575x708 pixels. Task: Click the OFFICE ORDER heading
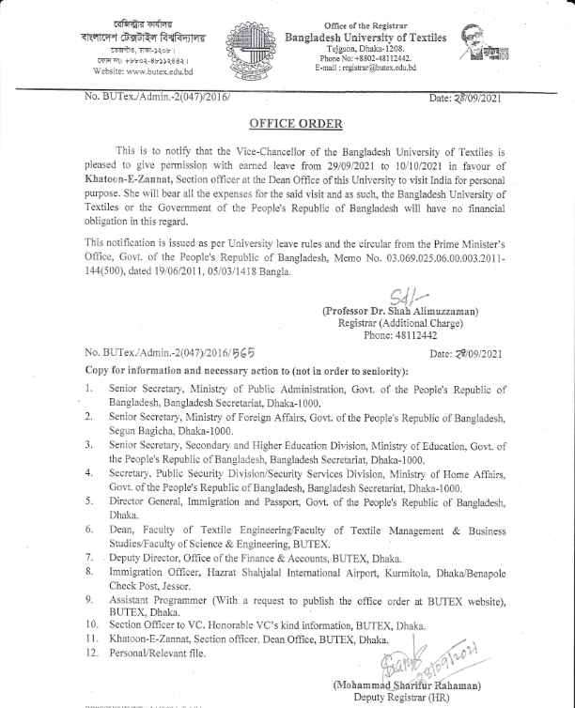pos(296,124)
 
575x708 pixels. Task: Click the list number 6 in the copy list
pos(88,531)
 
